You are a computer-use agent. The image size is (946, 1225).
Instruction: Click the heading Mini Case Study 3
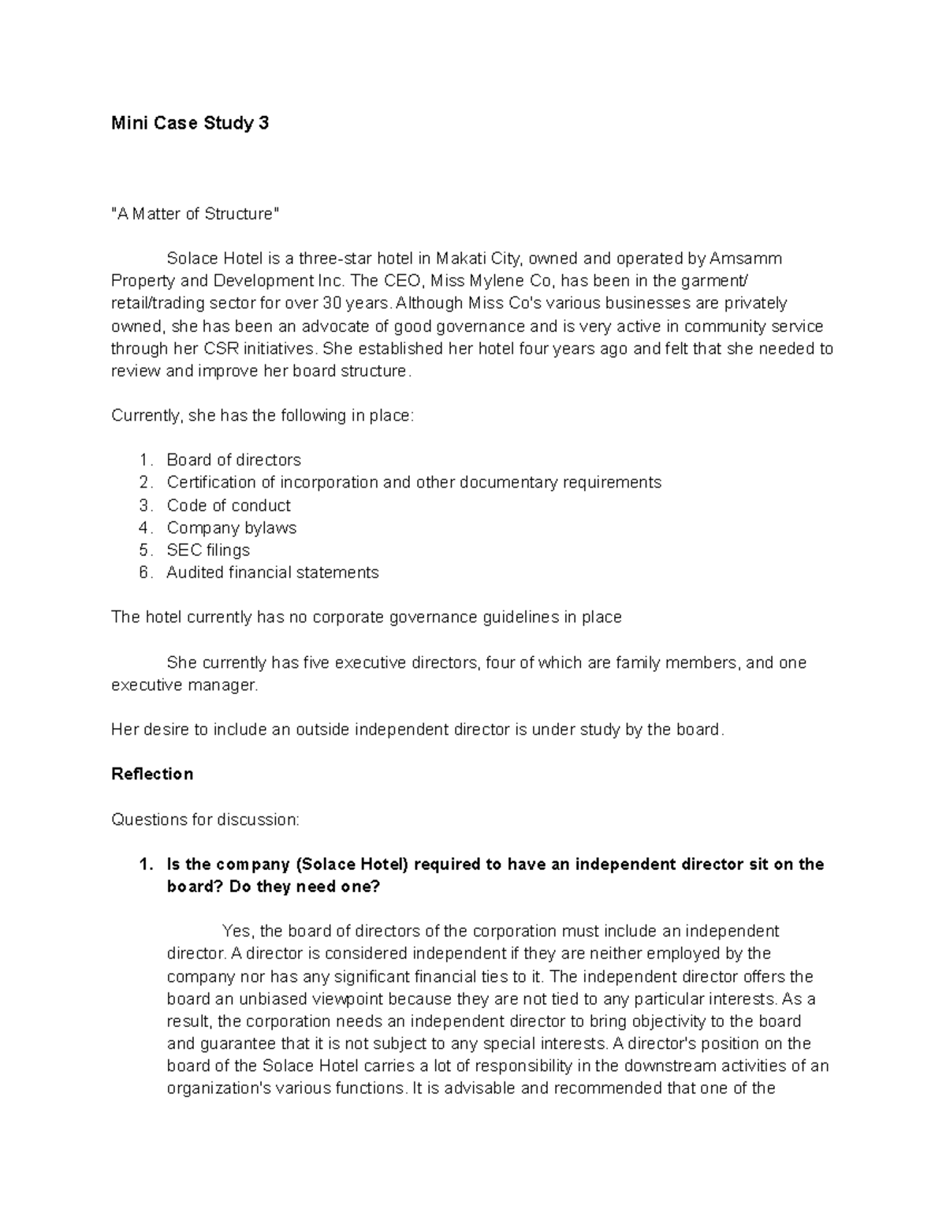[x=190, y=123]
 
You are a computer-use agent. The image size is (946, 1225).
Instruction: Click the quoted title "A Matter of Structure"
[x=195, y=214]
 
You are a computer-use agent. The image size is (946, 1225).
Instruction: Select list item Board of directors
[x=233, y=460]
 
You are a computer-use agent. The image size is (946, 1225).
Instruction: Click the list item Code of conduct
[x=229, y=506]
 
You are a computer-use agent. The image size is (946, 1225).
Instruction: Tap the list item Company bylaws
[x=231, y=528]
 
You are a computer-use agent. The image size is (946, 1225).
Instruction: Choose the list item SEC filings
[x=208, y=551]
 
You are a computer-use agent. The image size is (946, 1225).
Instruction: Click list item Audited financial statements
[x=272, y=573]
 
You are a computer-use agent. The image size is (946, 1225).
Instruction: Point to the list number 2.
[x=144, y=483]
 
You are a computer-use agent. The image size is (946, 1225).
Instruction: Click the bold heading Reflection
[x=152, y=775]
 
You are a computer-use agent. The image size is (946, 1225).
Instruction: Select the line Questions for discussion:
[x=205, y=820]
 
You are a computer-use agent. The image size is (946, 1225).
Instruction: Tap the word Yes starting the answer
[x=236, y=932]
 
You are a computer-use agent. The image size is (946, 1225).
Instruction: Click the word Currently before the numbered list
[x=144, y=416]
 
